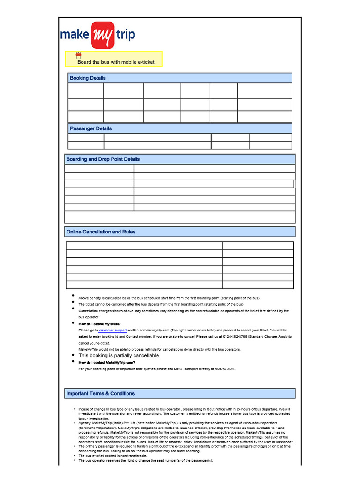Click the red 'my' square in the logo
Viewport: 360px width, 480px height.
click(x=104, y=35)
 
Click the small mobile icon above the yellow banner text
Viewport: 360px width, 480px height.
click(x=79, y=55)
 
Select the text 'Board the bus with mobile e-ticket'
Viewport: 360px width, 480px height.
click(x=116, y=62)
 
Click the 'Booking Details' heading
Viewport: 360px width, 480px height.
click(x=88, y=78)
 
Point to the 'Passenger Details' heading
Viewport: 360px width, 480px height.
click(x=90, y=128)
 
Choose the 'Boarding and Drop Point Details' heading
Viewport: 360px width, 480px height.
click(x=103, y=159)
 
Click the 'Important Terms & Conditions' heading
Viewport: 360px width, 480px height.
click(x=100, y=394)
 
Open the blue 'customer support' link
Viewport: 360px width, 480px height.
click(x=112, y=330)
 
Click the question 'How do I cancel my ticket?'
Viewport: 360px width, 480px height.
click(x=99, y=324)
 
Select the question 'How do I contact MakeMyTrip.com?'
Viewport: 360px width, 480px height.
click(x=107, y=363)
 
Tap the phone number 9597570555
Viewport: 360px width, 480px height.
click(x=224, y=369)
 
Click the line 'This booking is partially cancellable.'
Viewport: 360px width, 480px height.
click(x=119, y=356)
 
